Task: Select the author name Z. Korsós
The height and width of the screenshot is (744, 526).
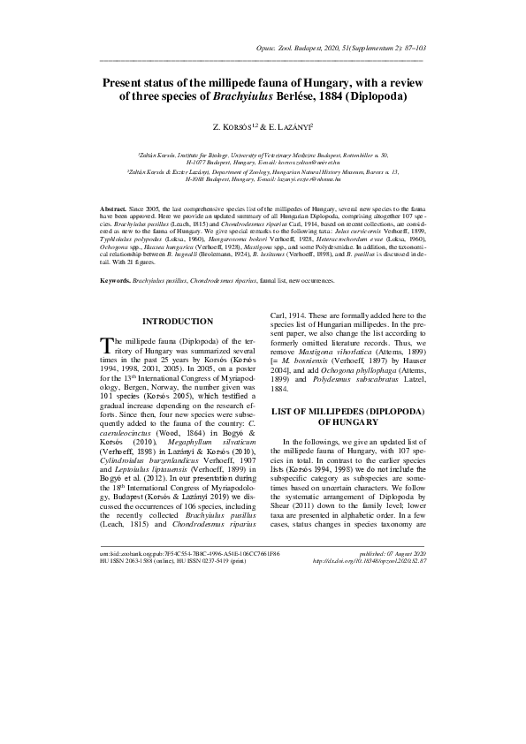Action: (x=233, y=128)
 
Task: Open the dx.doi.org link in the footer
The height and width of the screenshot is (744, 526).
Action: (x=370, y=560)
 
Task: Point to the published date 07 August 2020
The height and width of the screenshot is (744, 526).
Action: (x=393, y=552)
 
